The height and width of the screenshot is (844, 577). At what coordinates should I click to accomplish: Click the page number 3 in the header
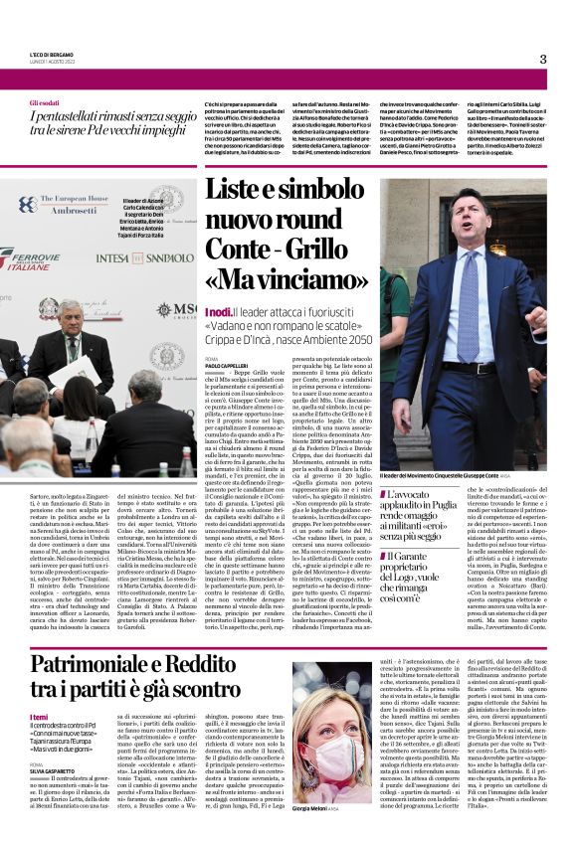click(x=543, y=59)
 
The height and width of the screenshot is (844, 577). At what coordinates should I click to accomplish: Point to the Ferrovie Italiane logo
click(x=27, y=259)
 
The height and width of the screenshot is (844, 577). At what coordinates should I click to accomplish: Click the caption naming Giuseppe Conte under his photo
click(x=458, y=476)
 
